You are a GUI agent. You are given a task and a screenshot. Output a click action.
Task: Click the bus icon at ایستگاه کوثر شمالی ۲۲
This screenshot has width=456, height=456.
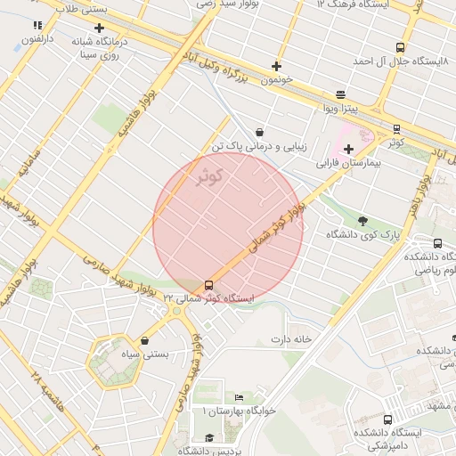click(209, 285)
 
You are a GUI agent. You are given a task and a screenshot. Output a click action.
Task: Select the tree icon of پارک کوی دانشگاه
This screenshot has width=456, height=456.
click(362, 220)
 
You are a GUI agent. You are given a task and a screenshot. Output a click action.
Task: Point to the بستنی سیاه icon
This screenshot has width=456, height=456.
click(144, 340)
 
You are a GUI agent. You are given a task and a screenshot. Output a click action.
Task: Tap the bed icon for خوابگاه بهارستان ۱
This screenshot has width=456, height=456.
click(238, 397)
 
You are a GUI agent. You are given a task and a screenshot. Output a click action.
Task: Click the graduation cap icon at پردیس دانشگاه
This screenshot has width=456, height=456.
click(208, 437)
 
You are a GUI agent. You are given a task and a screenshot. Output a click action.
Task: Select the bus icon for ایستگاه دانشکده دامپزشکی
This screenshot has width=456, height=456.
click(387, 419)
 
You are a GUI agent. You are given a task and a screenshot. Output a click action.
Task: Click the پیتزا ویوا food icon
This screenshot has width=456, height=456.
click(340, 94)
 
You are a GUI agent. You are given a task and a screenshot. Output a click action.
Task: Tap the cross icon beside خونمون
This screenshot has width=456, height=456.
click(277, 66)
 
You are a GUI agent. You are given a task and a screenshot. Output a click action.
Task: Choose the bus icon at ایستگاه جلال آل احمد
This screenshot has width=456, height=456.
click(400, 48)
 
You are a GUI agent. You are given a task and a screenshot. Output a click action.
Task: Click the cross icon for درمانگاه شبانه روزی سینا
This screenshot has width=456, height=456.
click(100, 28)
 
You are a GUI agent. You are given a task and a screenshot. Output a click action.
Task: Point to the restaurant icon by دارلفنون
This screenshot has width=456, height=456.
click(37, 26)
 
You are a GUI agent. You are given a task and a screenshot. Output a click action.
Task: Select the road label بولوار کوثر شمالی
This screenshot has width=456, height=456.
click(277, 233)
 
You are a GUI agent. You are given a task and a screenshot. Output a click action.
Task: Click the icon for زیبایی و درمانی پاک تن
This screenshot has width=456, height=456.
click(258, 132)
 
